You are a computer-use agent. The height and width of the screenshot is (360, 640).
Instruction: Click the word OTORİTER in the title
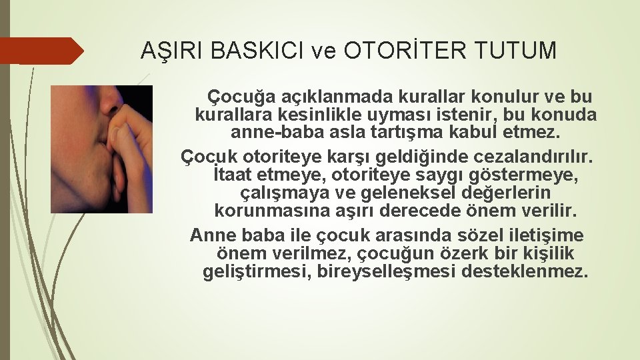pyautogui.click(x=405, y=50)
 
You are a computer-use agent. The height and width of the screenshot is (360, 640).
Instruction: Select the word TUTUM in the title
pyautogui.click(x=515, y=50)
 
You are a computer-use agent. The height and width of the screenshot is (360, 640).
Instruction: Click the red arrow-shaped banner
pyautogui.click(x=41, y=51)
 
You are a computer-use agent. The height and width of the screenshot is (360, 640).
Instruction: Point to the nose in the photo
pyautogui.click(x=110, y=100)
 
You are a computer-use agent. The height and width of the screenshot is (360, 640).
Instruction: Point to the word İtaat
pyautogui.click(x=232, y=174)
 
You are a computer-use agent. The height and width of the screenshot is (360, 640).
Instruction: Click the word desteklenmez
pyautogui.click(x=525, y=271)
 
